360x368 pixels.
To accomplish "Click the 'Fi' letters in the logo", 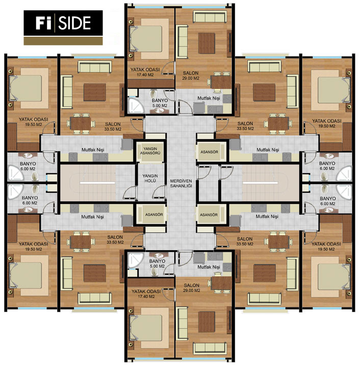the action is [43, 22].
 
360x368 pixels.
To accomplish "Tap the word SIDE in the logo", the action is [74, 23].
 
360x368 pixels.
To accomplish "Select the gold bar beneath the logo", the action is [63, 41].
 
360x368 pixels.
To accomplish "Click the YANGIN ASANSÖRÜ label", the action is [150, 151].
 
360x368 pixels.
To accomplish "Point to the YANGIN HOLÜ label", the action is [150, 178].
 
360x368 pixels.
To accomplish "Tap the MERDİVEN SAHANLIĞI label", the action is [181, 183].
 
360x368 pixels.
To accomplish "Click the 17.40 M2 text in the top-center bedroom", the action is [145, 75].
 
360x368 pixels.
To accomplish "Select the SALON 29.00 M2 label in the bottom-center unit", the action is [191, 287].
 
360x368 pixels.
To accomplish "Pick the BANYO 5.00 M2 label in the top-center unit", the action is [160, 103].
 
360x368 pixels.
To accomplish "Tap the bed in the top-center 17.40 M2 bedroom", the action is [146, 39].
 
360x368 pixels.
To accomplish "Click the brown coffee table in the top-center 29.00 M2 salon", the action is [207, 43].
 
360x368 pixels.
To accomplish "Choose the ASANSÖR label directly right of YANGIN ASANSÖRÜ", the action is [209, 152].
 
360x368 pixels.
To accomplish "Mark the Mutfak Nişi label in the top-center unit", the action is [209, 98].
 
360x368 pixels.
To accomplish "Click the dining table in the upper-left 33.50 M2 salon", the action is [81, 123].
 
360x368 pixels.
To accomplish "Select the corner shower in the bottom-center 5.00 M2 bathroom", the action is [135, 260].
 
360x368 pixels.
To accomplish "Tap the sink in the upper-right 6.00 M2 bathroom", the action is [329, 156].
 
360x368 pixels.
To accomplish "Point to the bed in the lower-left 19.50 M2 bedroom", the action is [26, 275].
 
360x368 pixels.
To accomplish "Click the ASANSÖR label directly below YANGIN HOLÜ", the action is [154, 215].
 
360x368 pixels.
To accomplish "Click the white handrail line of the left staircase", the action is [97, 182].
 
